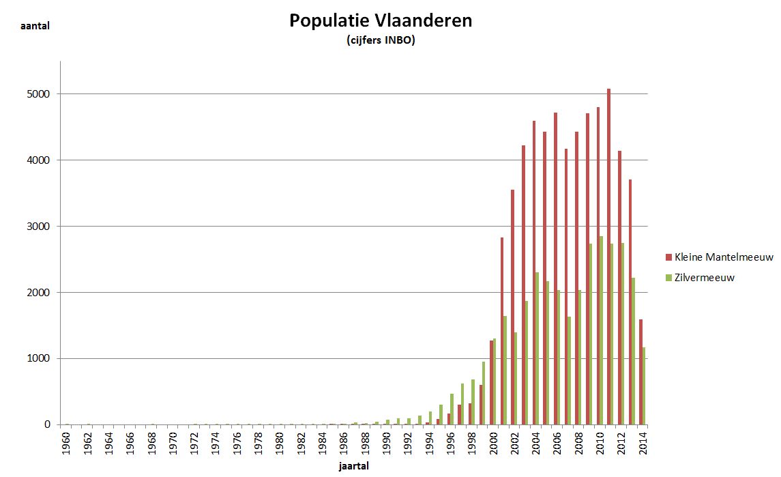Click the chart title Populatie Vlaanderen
click(380, 20)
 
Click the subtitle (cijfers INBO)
click(381, 41)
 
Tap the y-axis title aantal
click(34, 26)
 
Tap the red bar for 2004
click(534, 273)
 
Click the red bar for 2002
click(512, 307)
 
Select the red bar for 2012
click(619, 287)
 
